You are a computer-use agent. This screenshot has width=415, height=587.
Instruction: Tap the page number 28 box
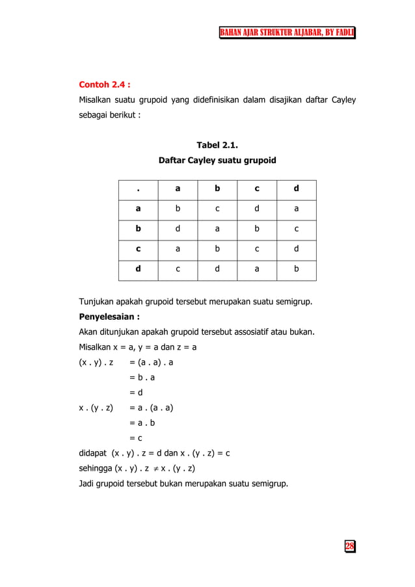pos(349,546)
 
